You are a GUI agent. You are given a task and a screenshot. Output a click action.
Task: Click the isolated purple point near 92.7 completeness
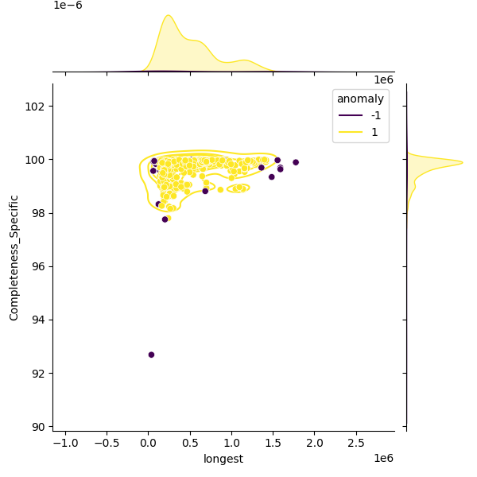click(151, 355)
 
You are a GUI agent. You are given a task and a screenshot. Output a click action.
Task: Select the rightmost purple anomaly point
click(296, 162)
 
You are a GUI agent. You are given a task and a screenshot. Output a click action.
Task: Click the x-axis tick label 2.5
click(357, 442)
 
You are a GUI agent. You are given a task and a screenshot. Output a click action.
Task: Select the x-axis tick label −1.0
click(64, 442)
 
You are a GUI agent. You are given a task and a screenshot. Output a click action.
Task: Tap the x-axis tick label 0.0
click(148, 442)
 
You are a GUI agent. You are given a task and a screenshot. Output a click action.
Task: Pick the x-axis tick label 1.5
click(273, 442)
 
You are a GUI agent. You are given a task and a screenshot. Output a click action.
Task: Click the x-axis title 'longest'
click(223, 459)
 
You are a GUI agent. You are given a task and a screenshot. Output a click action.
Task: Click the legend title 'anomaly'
click(360, 99)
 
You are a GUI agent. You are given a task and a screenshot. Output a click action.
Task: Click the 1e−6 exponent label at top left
click(68, 6)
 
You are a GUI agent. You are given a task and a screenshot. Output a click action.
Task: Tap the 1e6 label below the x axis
click(384, 458)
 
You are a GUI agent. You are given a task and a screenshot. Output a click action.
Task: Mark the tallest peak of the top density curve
click(168, 15)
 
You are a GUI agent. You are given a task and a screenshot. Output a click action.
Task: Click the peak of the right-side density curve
click(462, 163)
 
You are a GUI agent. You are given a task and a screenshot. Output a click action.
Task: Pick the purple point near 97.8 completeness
click(165, 219)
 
